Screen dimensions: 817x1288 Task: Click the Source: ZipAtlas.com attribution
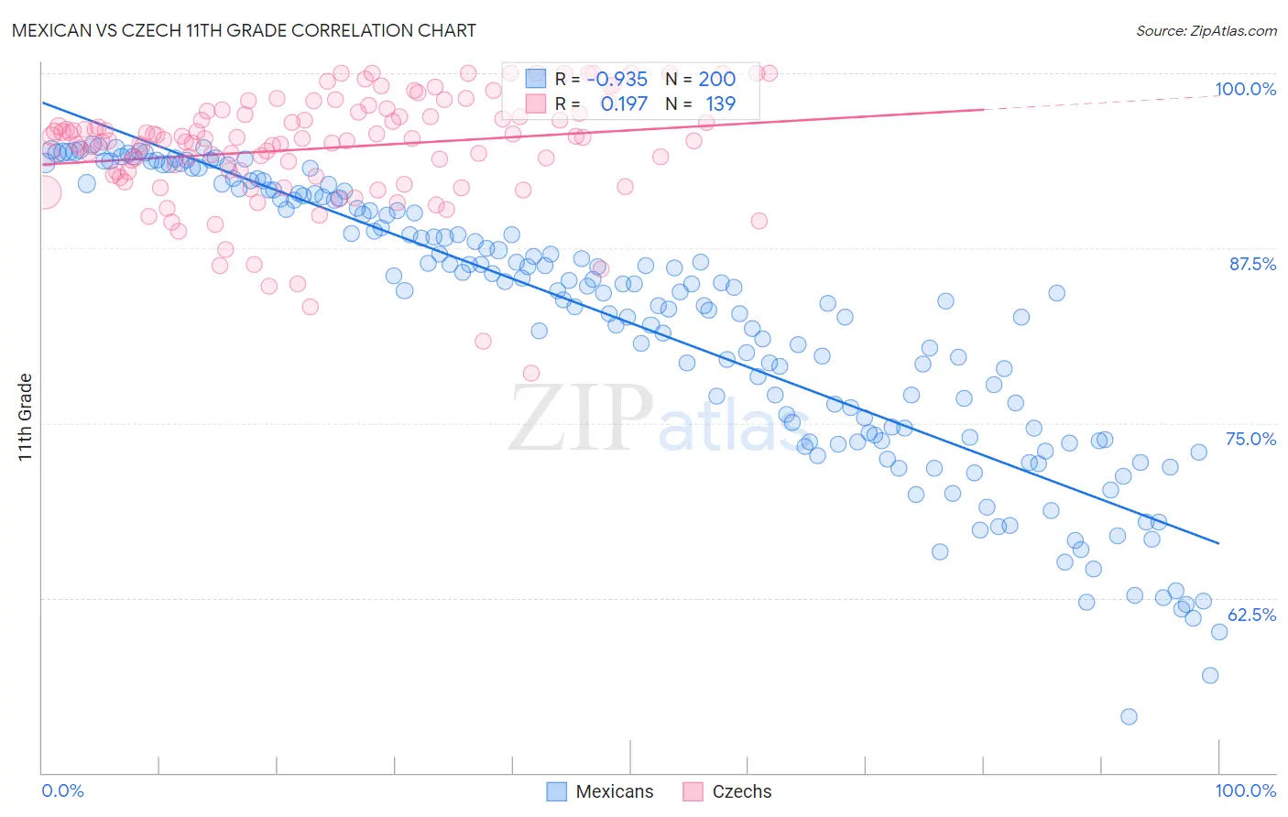[x=1206, y=30]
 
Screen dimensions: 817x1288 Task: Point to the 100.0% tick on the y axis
[x=1245, y=89]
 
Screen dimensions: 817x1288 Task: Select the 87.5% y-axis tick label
[x=1251, y=264]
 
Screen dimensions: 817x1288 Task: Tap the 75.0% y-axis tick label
[x=1250, y=439]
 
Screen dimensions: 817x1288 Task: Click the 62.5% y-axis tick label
[x=1251, y=615]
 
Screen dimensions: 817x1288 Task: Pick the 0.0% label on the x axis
[x=62, y=790]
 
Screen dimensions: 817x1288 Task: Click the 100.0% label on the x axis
[x=1245, y=790]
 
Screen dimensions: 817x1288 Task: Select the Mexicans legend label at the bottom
[x=614, y=791]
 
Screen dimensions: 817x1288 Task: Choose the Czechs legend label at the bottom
[x=741, y=791]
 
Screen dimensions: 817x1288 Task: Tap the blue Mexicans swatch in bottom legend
[x=556, y=791]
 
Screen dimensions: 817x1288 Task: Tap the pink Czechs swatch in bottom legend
[x=693, y=791]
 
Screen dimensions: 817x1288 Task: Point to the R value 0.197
[x=623, y=103]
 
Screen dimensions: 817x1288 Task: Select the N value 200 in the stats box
[x=716, y=80]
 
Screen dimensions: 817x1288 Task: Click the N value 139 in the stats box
[x=720, y=103]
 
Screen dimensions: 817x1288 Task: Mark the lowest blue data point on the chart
[x=1129, y=716]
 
